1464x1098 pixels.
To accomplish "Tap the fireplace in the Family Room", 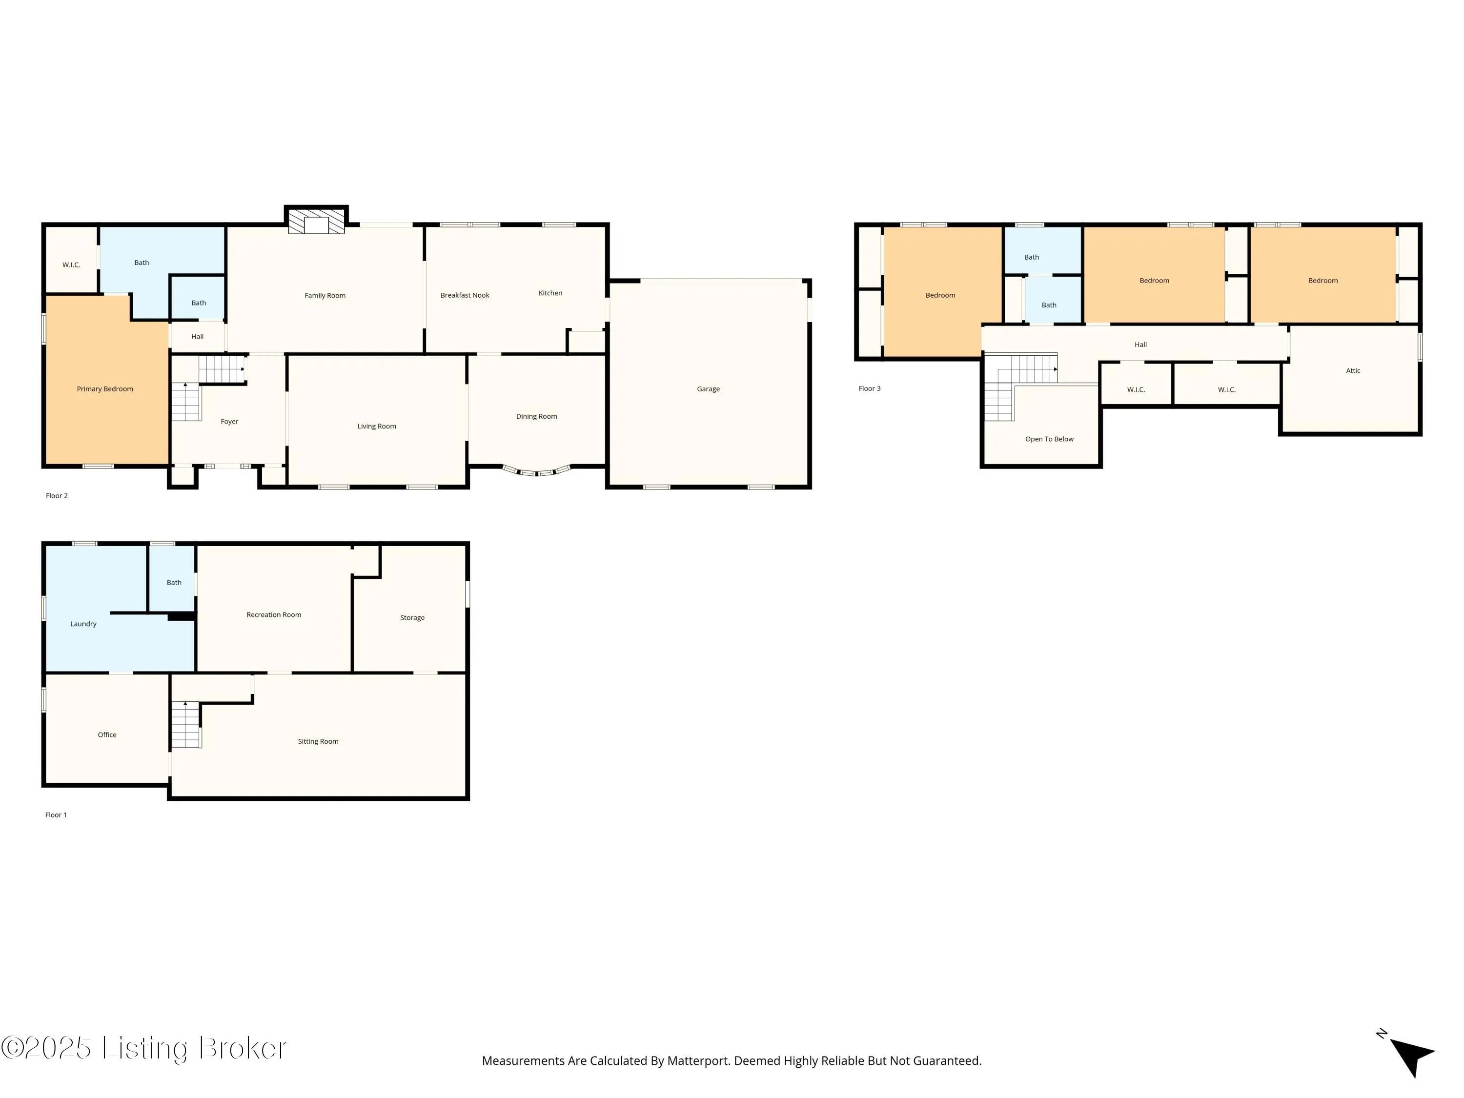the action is [x=316, y=221].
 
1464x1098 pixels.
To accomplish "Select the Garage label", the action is [x=708, y=389].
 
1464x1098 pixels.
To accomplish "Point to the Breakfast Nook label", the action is [x=465, y=295].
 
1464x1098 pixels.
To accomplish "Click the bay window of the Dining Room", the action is [x=537, y=471].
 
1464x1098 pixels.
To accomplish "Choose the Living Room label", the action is [x=377, y=426].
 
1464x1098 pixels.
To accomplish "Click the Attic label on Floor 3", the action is [x=1353, y=370].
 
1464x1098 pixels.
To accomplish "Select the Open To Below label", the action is [x=1049, y=439].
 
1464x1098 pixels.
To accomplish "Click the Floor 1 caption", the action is [x=56, y=815].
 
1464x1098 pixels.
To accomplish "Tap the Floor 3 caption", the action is [x=870, y=388].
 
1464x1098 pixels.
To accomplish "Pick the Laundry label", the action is [x=83, y=624].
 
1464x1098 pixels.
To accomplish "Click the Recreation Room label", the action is [x=273, y=615].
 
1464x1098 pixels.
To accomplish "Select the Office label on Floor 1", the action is [x=107, y=734].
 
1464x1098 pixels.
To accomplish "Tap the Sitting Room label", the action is [x=318, y=741].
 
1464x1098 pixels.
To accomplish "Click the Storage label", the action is [x=412, y=617].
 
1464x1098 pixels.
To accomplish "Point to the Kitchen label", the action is [x=550, y=293].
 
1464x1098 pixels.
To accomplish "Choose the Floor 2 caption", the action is [x=57, y=496].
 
